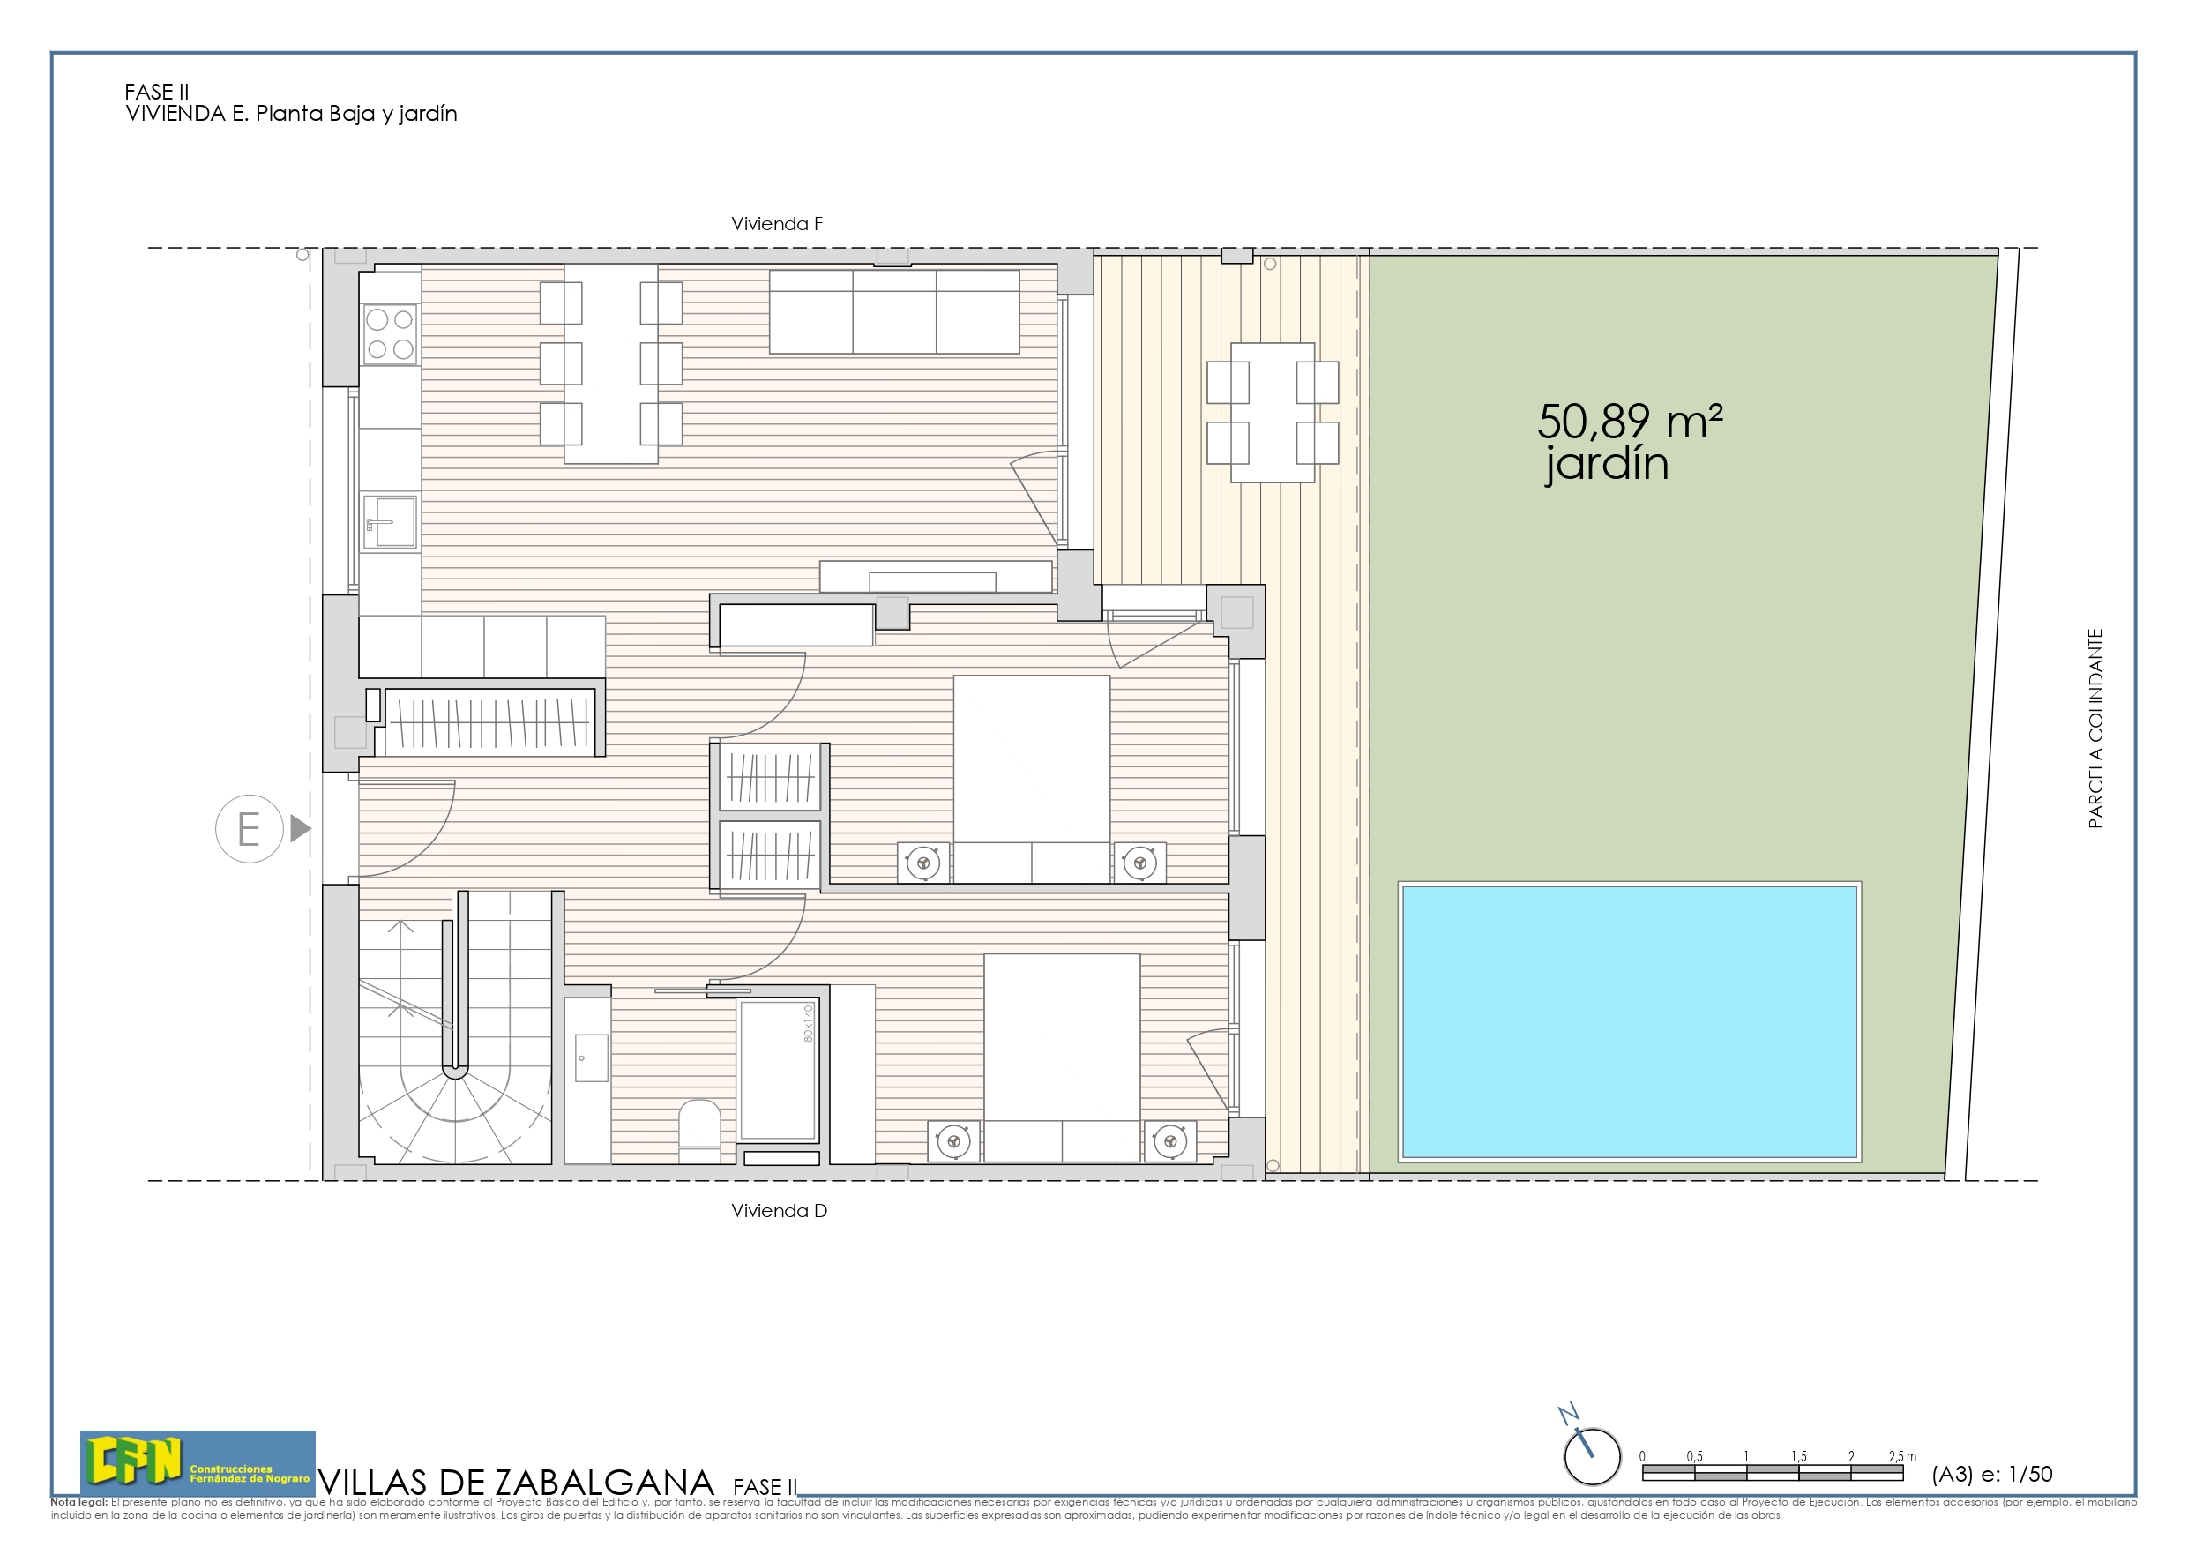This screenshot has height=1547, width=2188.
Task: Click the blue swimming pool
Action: click(x=1629, y=1022)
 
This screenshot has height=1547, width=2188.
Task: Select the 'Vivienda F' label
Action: click(x=777, y=224)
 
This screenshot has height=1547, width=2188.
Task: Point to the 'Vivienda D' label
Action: click(x=779, y=1211)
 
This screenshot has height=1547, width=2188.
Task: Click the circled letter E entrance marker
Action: click(x=249, y=828)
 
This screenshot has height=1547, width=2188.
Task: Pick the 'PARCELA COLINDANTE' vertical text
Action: click(x=2095, y=729)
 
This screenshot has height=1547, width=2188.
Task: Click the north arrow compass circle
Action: click(x=1592, y=1456)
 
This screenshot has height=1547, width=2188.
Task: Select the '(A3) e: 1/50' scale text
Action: click(x=1991, y=1474)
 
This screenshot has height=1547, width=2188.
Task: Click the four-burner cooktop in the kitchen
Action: click(x=390, y=334)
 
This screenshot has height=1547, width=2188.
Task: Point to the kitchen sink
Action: click(x=391, y=521)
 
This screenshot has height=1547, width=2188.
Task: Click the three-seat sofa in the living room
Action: click(x=894, y=311)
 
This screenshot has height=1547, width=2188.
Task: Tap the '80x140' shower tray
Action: click(x=778, y=1070)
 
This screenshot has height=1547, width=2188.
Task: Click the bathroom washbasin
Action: click(x=591, y=1058)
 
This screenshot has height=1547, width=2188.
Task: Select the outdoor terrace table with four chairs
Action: click(x=1273, y=413)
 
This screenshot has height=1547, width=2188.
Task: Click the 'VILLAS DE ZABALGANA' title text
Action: click(x=516, y=1483)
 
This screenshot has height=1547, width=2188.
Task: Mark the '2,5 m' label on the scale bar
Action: click(x=1902, y=1456)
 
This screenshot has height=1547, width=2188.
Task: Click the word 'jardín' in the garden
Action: click(x=1607, y=464)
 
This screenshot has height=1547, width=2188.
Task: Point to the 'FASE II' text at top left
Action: click(x=156, y=92)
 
